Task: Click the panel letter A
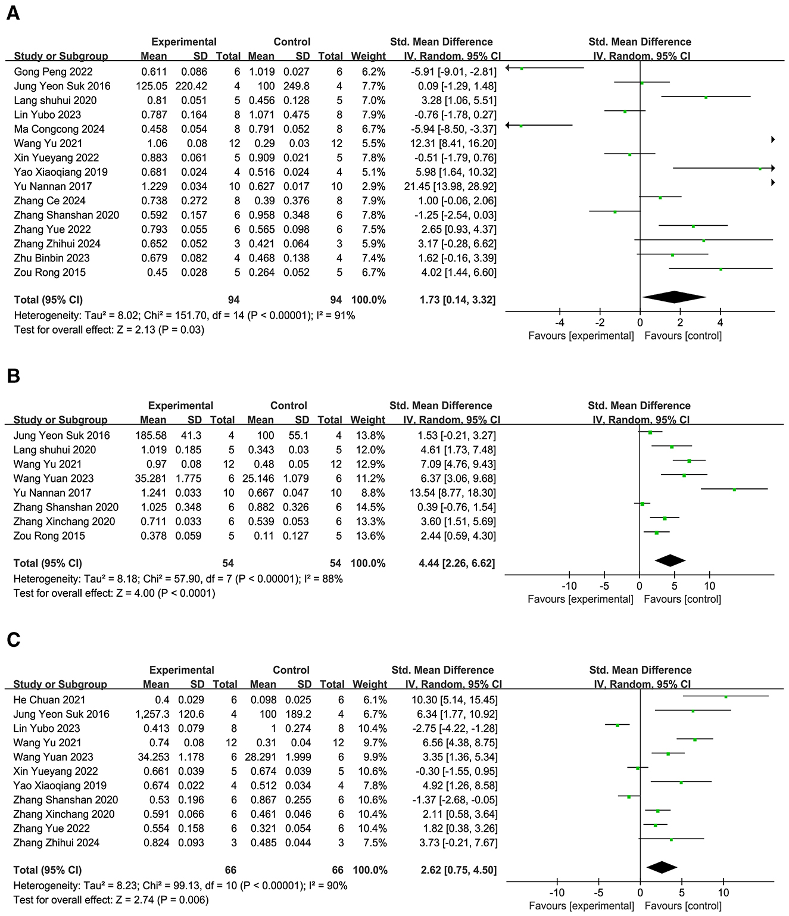coord(13,13)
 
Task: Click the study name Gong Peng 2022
coord(54,72)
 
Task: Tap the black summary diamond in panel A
coord(674,297)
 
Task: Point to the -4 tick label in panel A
coord(560,323)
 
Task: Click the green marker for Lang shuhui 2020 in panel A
coord(706,97)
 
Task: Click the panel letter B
coord(13,376)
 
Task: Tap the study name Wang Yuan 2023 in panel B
coord(54,479)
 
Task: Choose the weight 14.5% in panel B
coord(369,507)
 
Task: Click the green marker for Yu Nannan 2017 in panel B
coord(734,490)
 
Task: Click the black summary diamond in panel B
coord(670,560)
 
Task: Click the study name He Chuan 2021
coord(49,700)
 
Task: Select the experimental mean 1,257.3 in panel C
coord(152,715)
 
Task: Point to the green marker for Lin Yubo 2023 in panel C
coord(618,725)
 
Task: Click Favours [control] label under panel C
coord(683,906)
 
